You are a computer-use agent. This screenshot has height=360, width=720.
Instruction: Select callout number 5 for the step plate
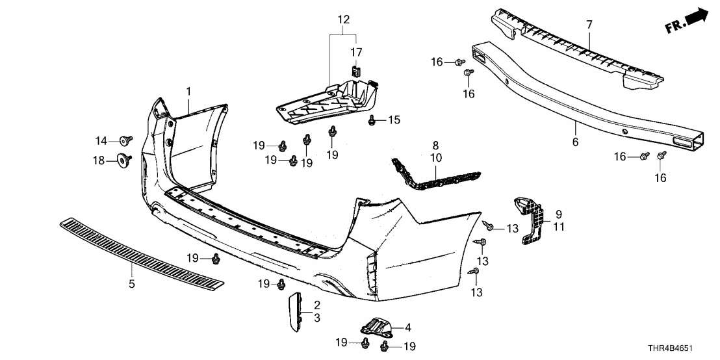(x=131, y=283)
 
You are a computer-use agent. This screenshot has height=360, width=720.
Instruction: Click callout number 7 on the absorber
(x=589, y=25)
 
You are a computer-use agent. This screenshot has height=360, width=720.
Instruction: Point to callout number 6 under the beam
(x=574, y=141)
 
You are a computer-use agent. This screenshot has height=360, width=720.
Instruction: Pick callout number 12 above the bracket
(x=342, y=20)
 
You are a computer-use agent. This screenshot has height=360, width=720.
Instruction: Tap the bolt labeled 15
(x=372, y=120)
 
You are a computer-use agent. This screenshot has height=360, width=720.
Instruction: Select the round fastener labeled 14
(x=123, y=139)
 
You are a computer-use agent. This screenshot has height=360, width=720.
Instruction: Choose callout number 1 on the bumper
(x=188, y=90)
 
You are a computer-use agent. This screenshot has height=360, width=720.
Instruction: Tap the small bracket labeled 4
(x=373, y=326)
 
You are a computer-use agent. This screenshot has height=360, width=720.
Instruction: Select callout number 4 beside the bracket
(x=407, y=328)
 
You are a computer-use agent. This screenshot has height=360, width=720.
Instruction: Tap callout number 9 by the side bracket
(x=558, y=213)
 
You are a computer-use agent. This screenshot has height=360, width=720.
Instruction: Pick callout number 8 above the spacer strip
(x=435, y=146)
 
